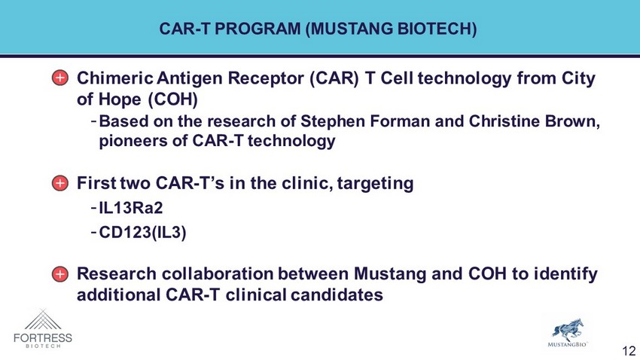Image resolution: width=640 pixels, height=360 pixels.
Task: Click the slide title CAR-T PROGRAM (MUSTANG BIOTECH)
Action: (318, 29)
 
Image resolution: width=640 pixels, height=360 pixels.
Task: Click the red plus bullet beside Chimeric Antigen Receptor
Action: (60, 78)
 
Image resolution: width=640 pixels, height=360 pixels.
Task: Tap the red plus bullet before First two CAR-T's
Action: (60, 183)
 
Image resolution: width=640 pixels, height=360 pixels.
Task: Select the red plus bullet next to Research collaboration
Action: (60, 274)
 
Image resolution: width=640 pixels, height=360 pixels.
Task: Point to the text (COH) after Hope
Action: (172, 99)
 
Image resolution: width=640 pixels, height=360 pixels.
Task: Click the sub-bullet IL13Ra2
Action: (131, 208)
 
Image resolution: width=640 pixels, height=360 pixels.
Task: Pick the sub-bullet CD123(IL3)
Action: (142, 233)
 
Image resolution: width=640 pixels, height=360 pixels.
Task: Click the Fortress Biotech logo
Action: (43, 329)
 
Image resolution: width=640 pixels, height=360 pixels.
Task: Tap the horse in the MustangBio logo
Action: (568, 330)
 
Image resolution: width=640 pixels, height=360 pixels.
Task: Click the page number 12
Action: (629, 351)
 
